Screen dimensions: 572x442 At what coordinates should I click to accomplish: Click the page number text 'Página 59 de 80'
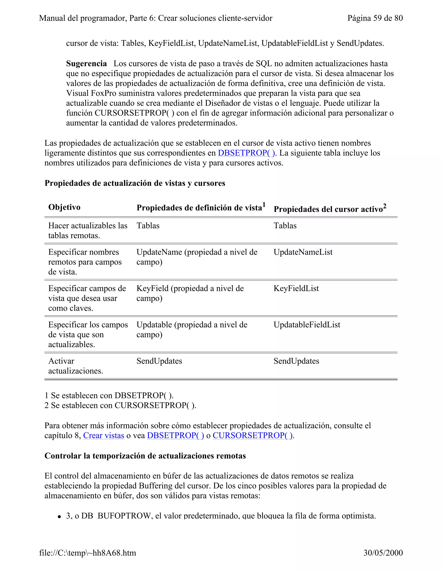point(375,18)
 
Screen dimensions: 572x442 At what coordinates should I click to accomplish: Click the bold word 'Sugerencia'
point(86,64)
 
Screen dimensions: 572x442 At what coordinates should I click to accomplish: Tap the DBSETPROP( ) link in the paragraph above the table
point(246,153)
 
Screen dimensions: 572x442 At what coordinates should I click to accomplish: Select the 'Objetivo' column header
point(64,207)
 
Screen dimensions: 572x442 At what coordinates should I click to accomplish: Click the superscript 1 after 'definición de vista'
point(264,205)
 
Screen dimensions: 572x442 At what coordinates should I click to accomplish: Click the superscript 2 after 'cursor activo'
point(384,206)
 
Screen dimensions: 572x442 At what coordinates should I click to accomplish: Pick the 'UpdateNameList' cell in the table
point(303,252)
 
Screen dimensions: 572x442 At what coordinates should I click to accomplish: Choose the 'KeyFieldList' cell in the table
point(296,288)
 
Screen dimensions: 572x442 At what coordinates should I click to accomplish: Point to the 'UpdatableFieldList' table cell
point(307,325)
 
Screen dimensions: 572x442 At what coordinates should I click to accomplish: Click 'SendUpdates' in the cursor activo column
point(296,361)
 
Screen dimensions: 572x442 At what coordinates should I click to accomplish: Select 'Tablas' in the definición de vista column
point(148,226)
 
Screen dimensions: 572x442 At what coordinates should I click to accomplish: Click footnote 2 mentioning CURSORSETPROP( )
point(120,405)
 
